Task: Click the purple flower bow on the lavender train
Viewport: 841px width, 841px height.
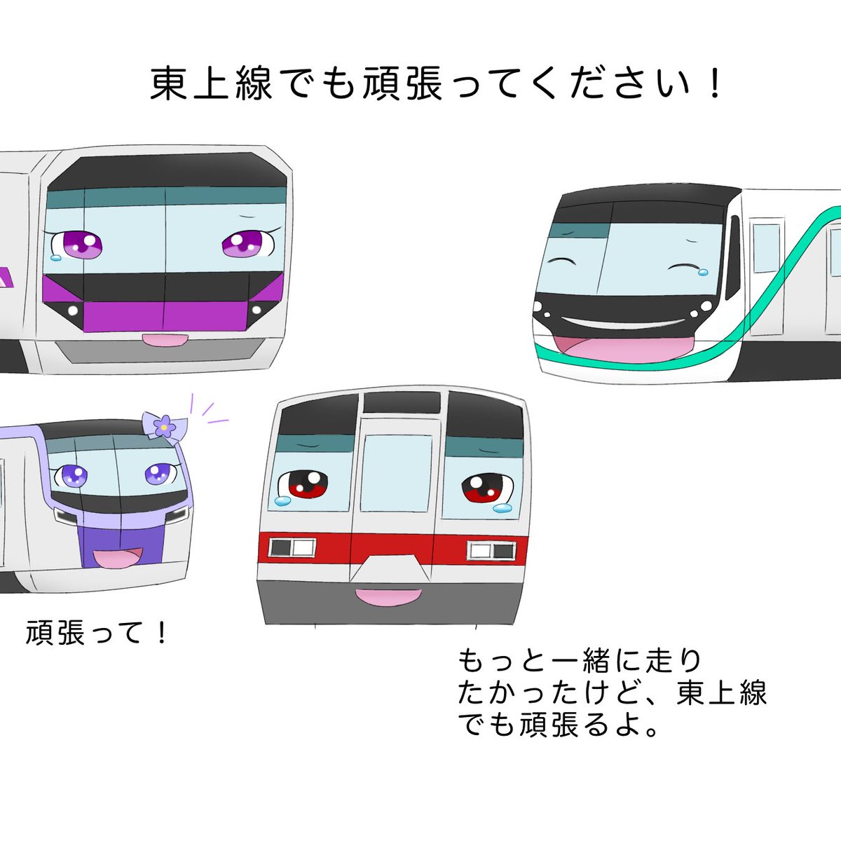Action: coord(163,424)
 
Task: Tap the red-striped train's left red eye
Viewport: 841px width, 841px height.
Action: coord(303,484)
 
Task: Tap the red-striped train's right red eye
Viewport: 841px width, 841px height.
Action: coord(484,488)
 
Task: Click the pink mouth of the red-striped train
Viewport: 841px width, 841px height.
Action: coord(388,596)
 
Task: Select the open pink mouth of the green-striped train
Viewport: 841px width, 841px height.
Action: coord(622,348)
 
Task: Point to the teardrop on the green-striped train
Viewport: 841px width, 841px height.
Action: coord(704,270)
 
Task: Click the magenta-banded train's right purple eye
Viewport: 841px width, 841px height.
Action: coord(242,244)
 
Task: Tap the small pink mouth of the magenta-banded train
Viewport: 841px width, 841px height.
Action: coord(165,340)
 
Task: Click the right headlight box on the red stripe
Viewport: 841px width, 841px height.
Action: coord(491,550)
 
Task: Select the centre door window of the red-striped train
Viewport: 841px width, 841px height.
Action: coord(399,472)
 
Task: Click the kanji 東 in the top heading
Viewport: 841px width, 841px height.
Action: coord(171,84)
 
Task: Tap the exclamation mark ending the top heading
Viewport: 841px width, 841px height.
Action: coord(714,84)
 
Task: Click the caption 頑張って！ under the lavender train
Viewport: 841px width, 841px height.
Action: coord(98,633)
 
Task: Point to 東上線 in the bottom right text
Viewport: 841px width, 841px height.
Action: coord(722,693)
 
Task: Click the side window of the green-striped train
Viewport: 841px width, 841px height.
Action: coord(765,248)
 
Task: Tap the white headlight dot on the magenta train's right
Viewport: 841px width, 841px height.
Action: coord(257,309)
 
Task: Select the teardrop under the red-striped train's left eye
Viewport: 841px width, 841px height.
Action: coord(281,500)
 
